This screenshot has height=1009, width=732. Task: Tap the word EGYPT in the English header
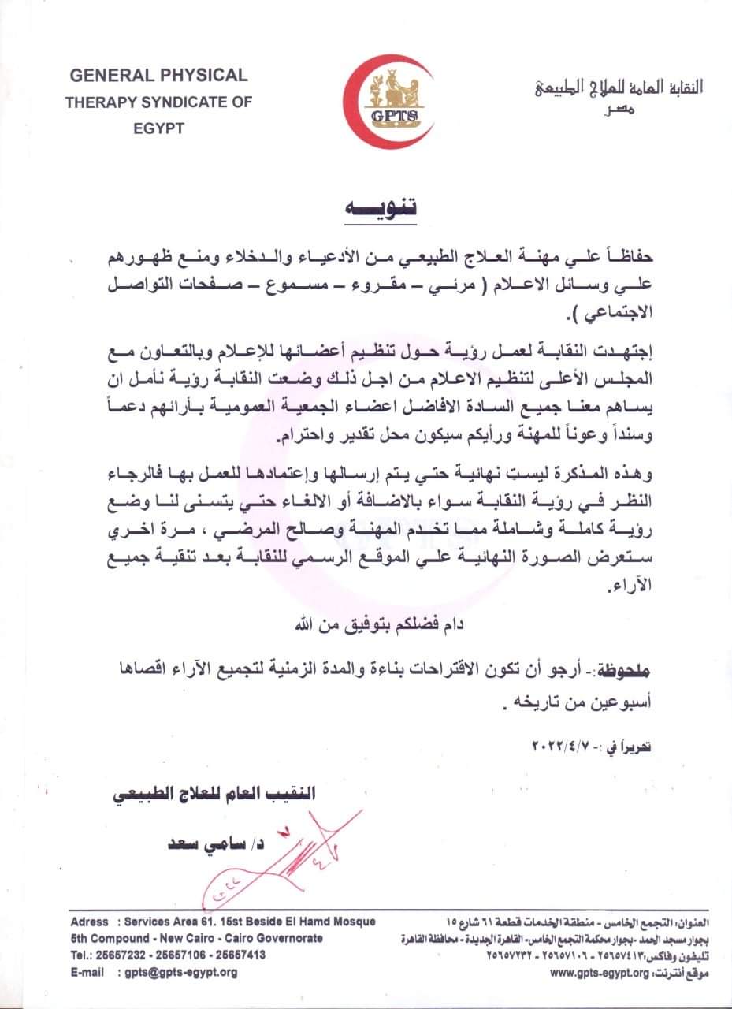tap(158, 128)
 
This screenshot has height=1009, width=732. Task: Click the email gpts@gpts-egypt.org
tap(181, 973)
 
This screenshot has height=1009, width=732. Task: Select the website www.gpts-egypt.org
tap(599, 973)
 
